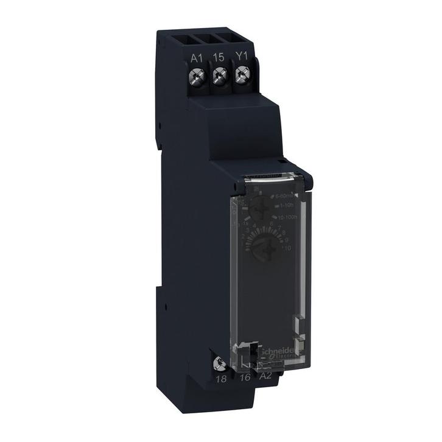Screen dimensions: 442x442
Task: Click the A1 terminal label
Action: pos(196,57)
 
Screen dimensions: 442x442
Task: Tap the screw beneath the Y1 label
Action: pos(242,75)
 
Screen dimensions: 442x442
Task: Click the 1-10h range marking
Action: pos(289,205)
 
